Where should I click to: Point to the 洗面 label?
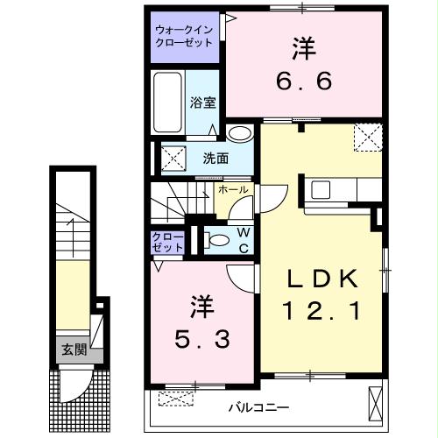pyautogui.click(x=216, y=159)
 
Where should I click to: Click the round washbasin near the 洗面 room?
pyautogui.click(x=238, y=133)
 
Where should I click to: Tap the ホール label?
pyautogui.click(x=232, y=189)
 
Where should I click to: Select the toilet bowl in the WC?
pyautogui.click(x=215, y=240)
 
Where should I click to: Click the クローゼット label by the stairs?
pyautogui.click(x=167, y=242)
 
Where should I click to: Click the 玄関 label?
pyautogui.click(x=73, y=349)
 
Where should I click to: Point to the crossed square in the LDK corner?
pyautogui.click(x=365, y=138)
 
